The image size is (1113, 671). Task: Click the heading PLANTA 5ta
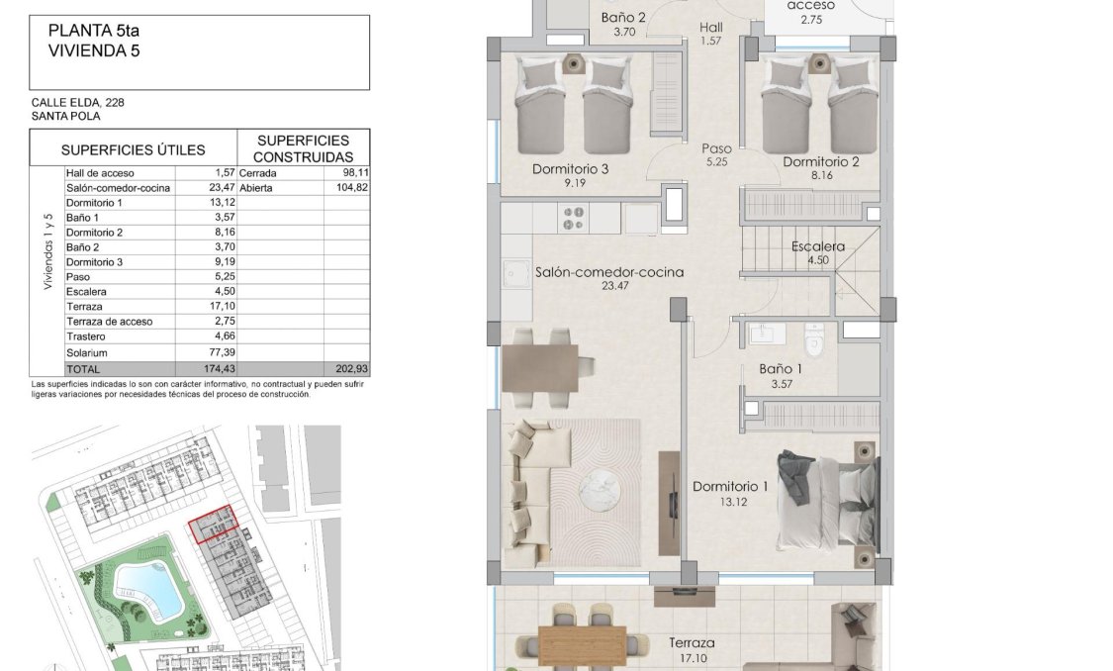94,31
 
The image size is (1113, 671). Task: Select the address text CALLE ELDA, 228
77,102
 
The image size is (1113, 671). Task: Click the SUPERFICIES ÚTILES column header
133,150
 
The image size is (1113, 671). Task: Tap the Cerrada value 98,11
353,173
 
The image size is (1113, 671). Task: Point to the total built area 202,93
351,369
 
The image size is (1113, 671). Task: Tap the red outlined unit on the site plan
214,525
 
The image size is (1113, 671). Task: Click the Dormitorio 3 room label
570,169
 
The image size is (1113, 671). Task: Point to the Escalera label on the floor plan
818,247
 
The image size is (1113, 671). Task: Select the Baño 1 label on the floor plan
781,369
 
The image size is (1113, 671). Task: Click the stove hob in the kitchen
574,217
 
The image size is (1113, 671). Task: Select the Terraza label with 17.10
692,643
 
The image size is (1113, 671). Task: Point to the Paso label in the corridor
717,149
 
